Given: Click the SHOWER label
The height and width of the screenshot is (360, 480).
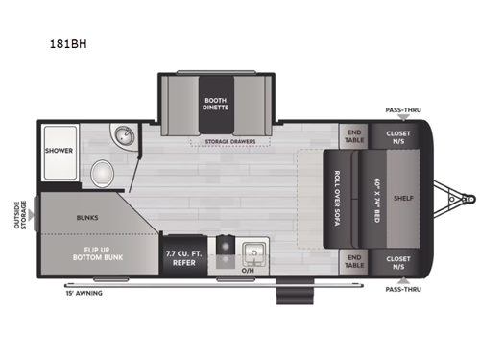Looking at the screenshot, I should [x=59, y=151].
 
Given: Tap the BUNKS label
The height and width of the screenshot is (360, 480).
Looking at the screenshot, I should [x=88, y=217].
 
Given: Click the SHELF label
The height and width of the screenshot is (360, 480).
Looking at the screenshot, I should [x=402, y=200].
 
